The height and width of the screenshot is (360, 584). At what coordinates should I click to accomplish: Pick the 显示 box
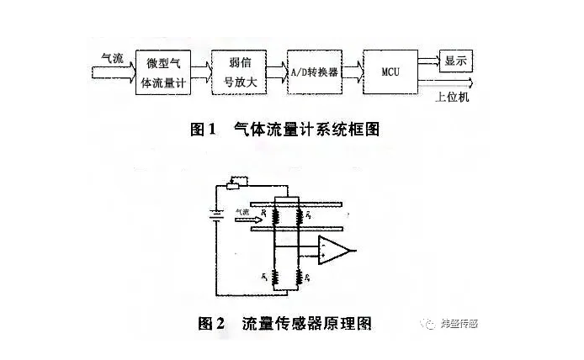pyautogui.click(x=457, y=60)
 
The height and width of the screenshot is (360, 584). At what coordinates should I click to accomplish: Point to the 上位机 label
pyautogui.click(x=454, y=98)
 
